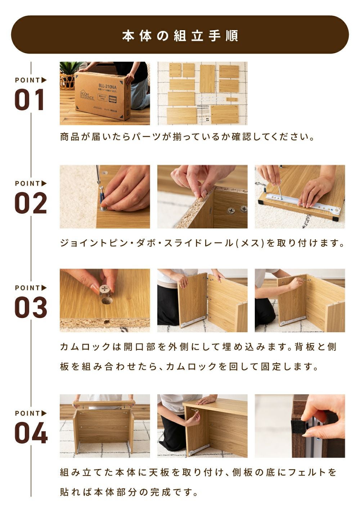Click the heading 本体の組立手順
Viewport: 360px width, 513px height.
(x=180, y=36)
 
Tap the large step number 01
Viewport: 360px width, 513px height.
(x=30, y=100)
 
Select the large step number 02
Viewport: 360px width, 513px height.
(x=31, y=203)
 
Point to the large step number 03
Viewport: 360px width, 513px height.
(x=31, y=307)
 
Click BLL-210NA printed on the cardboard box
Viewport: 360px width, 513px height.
(x=108, y=87)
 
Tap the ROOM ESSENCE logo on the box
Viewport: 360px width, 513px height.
(x=87, y=95)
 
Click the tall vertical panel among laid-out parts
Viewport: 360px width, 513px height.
(x=207, y=78)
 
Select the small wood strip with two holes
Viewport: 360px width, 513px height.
(x=232, y=100)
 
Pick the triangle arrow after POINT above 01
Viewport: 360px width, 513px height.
(x=44, y=80)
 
